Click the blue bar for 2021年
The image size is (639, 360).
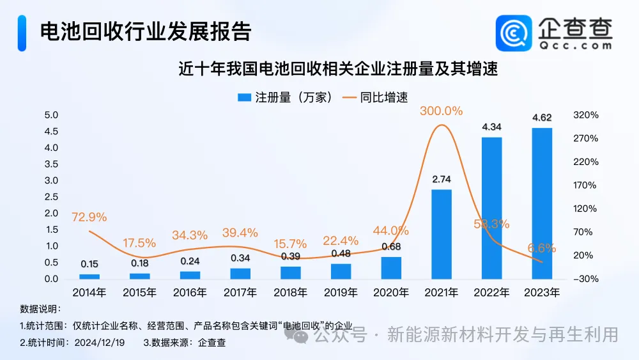(442, 234)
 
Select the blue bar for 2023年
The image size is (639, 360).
(542, 203)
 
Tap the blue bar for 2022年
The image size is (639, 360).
(491, 208)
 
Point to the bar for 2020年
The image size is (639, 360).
(391, 268)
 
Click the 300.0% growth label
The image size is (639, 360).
(441, 111)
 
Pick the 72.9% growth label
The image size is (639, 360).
(89, 217)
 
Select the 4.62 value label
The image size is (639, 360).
(542, 118)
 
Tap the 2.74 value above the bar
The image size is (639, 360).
(442, 179)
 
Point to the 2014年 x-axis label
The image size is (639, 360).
(89, 293)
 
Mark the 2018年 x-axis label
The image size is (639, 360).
(290, 293)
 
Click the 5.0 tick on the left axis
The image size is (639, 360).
(51, 115)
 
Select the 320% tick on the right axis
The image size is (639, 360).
(586, 115)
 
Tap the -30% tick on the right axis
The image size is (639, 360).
(586, 279)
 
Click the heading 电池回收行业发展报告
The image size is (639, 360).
(146, 32)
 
